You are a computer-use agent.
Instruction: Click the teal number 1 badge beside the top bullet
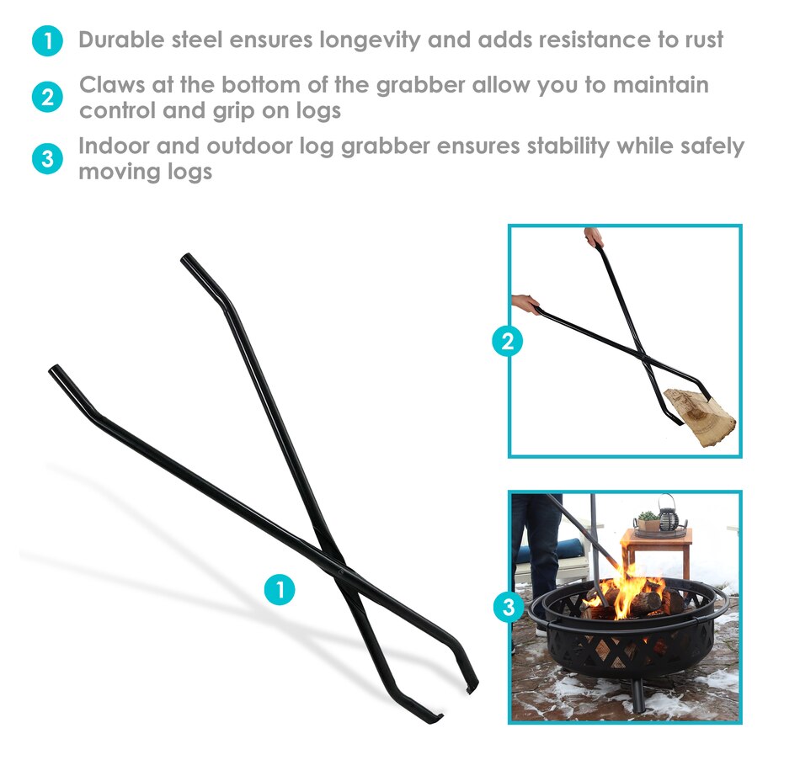pyautogui.click(x=47, y=40)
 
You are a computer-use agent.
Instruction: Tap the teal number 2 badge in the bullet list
pyautogui.click(x=47, y=97)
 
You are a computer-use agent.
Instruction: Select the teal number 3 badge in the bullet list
pyautogui.click(x=47, y=158)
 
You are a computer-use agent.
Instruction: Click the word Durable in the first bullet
pyautogui.click(x=121, y=40)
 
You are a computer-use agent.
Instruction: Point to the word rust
pyautogui.click(x=704, y=40)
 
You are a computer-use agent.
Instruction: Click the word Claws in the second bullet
pyautogui.click(x=112, y=85)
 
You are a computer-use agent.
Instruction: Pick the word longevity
pyautogui.click(x=370, y=40)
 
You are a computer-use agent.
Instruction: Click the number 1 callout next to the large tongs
pyautogui.click(x=280, y=590)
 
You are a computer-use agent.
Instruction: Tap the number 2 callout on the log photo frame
pyautogui.click(x=508, y=341)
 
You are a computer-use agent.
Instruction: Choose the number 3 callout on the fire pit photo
pyautogui.click(x=509, y=607)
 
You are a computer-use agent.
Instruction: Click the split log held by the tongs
pyautogui.click(x=700, y=417)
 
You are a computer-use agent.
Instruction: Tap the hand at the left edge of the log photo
pyautogui.click(x=525, y=304)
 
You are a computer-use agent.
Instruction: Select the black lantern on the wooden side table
pyautogui.click(x=669, y=514)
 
